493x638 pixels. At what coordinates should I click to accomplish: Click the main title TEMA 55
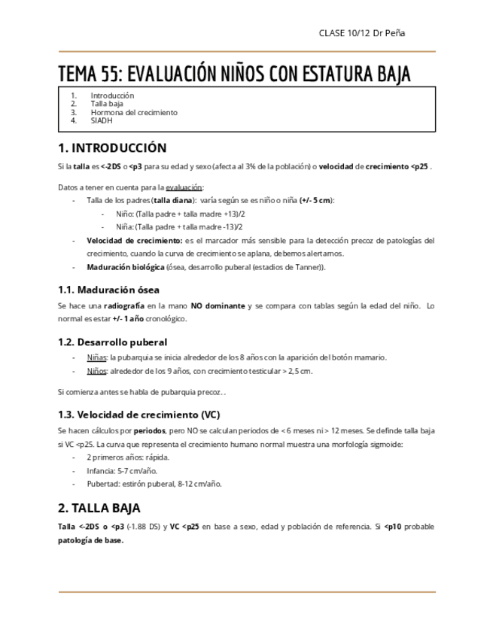[x=235, y=74]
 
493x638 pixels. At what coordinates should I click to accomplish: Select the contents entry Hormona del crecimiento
[x=134, y=112]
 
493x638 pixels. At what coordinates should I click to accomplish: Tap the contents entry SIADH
[x=101, y=120]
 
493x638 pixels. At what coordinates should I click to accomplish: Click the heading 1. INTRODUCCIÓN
[x=112, y=147]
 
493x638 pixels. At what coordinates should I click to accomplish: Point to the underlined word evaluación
[x=184, y=187]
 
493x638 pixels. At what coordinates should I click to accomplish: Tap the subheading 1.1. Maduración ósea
[x=108, y=290]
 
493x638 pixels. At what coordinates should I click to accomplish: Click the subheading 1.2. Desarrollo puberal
[x=113, y=342]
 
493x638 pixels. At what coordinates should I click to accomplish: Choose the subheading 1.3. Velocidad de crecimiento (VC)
[x=139, y=415]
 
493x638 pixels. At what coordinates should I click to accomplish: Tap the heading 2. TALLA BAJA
[x=99, y=508]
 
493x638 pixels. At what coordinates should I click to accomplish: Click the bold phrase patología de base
[x=90, y=540]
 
